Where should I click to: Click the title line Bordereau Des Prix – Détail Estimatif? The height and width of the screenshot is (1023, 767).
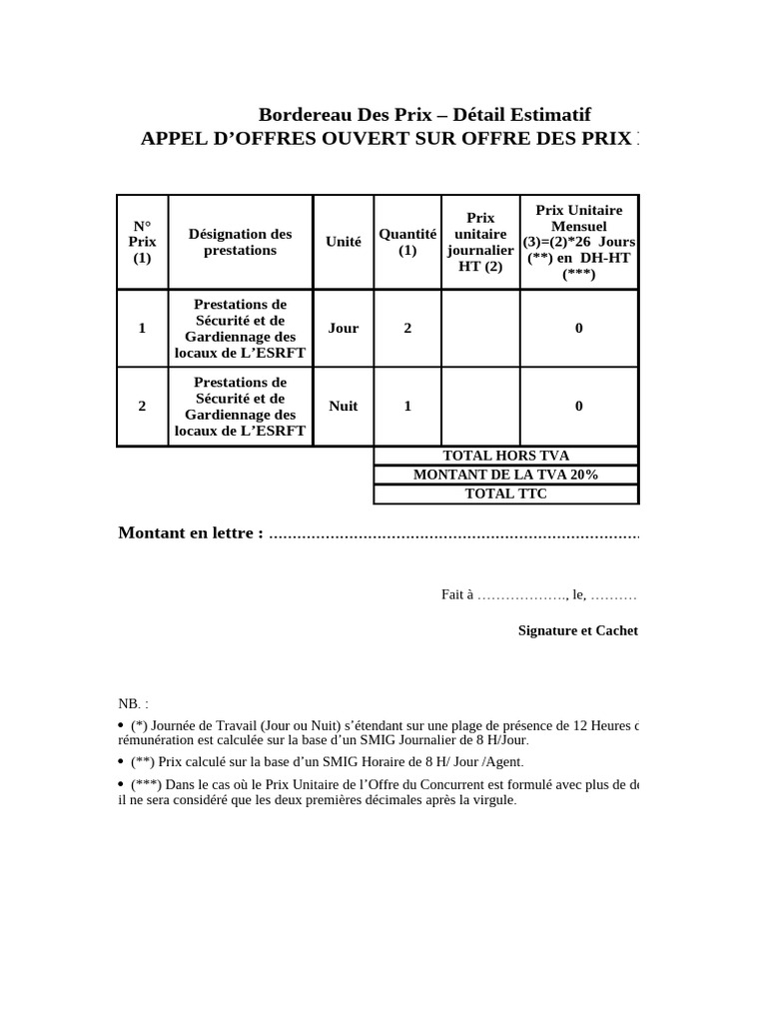coord(431,115)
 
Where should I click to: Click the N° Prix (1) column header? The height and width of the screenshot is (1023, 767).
coord(142,242)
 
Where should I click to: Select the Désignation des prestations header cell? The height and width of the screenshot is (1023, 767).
coord(240,242)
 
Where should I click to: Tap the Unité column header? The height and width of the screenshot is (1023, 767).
coord(344,242)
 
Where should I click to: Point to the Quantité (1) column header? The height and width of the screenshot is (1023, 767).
coord(407,242)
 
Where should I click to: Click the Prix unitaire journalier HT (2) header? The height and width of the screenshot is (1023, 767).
coord(480,242)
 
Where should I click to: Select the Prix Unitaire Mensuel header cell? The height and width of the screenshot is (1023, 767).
coord(579,242)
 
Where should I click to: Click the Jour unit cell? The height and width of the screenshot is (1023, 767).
coord(344,328)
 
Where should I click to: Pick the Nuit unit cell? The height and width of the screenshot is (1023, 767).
coord(344,406)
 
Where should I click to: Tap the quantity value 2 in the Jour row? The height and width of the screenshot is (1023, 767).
coord(407,328)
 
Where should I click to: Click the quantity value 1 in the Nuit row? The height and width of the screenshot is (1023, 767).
coord(407,406)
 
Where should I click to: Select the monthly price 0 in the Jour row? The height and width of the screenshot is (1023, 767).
coord(579,328)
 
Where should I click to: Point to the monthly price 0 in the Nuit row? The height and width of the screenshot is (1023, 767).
coord(579,406)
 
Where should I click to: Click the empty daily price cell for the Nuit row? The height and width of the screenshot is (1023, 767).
coord(480,406)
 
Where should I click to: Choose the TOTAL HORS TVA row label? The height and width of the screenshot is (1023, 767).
coord(506,456)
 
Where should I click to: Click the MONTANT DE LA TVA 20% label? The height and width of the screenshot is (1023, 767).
coord(506,475)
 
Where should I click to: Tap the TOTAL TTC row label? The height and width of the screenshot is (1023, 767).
coord(506,494)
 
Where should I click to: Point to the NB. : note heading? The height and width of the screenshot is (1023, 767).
coord(133,703)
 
